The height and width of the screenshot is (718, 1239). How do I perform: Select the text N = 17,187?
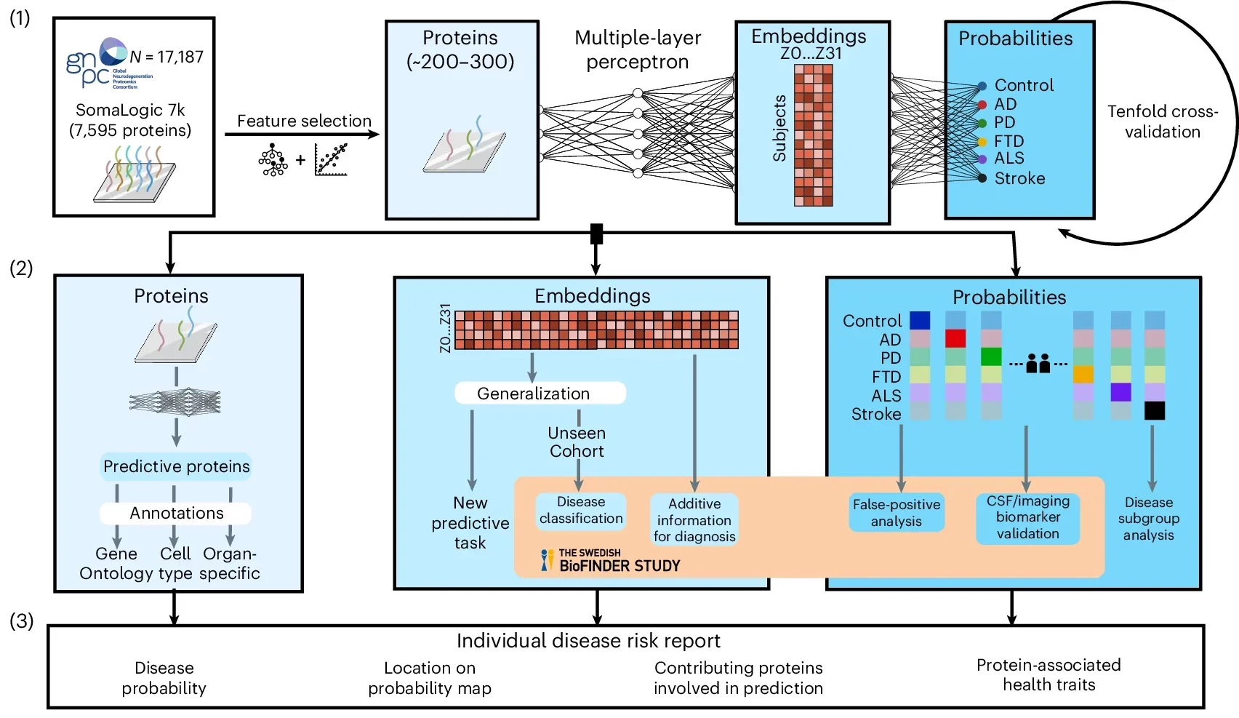click(x=167, y=57)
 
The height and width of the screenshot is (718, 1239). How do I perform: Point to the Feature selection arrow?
click(x=302, y=134)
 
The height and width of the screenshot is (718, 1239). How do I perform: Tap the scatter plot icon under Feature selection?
click(x=331, y=159)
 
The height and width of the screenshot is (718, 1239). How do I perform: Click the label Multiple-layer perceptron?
click(x=638, y=49)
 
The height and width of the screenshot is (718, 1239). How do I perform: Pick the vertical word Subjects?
click(x=779, y=128)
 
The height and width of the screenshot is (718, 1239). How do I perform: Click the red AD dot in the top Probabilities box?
click(x=982, y=105)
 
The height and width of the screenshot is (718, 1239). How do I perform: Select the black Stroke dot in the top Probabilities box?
click(x=982, y=178)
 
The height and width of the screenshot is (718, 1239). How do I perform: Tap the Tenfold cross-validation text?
click(x=1162, y=121)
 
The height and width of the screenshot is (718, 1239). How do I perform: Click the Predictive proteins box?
click(x=176, y=466)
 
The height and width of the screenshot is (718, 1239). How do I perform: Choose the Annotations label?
click(x=176, y=513)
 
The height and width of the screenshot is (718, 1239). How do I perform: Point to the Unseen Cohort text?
click(x=577, y=442)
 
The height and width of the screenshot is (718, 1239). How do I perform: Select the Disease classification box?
click(x=580, y=510)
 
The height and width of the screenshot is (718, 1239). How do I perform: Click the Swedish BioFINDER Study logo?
click(x=611, y=560)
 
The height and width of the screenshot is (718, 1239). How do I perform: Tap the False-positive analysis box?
click(x=896, y=512)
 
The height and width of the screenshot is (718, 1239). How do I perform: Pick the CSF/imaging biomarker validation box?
click(x=1027, y=517)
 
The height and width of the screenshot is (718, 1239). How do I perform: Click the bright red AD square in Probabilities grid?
click(x=955, y=338)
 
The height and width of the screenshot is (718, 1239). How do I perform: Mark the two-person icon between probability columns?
click(x=1038, y=363)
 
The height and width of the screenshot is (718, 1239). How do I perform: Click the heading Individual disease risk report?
click(x=588, y=640)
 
